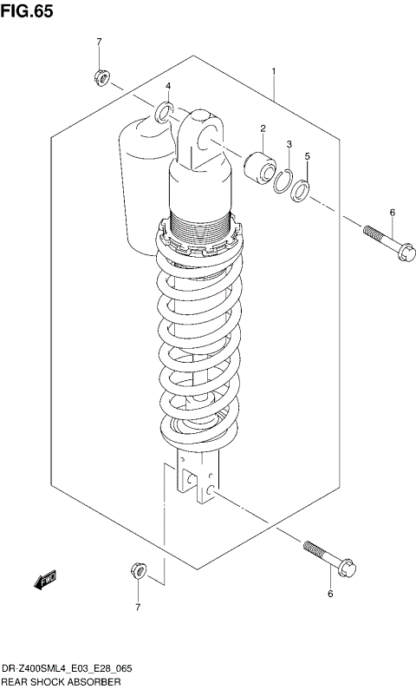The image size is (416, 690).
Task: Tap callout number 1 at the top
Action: pyautogui.click(x=273, y=71)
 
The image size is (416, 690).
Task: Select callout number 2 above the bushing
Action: pyautogui.click(x=262, y=129)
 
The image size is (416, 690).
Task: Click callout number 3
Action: pyautogui.click(x=289, y=144)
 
